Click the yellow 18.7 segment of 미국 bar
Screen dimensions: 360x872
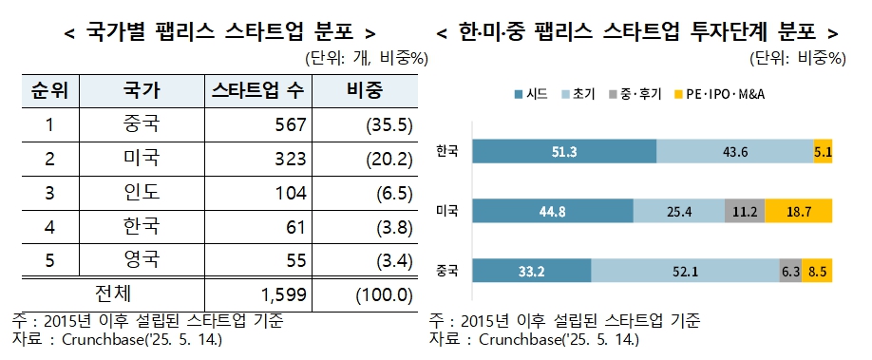[x=799, y=211]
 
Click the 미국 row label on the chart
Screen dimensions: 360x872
[x=446, y=211]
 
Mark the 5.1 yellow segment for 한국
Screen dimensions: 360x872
[x=824, y=151]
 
